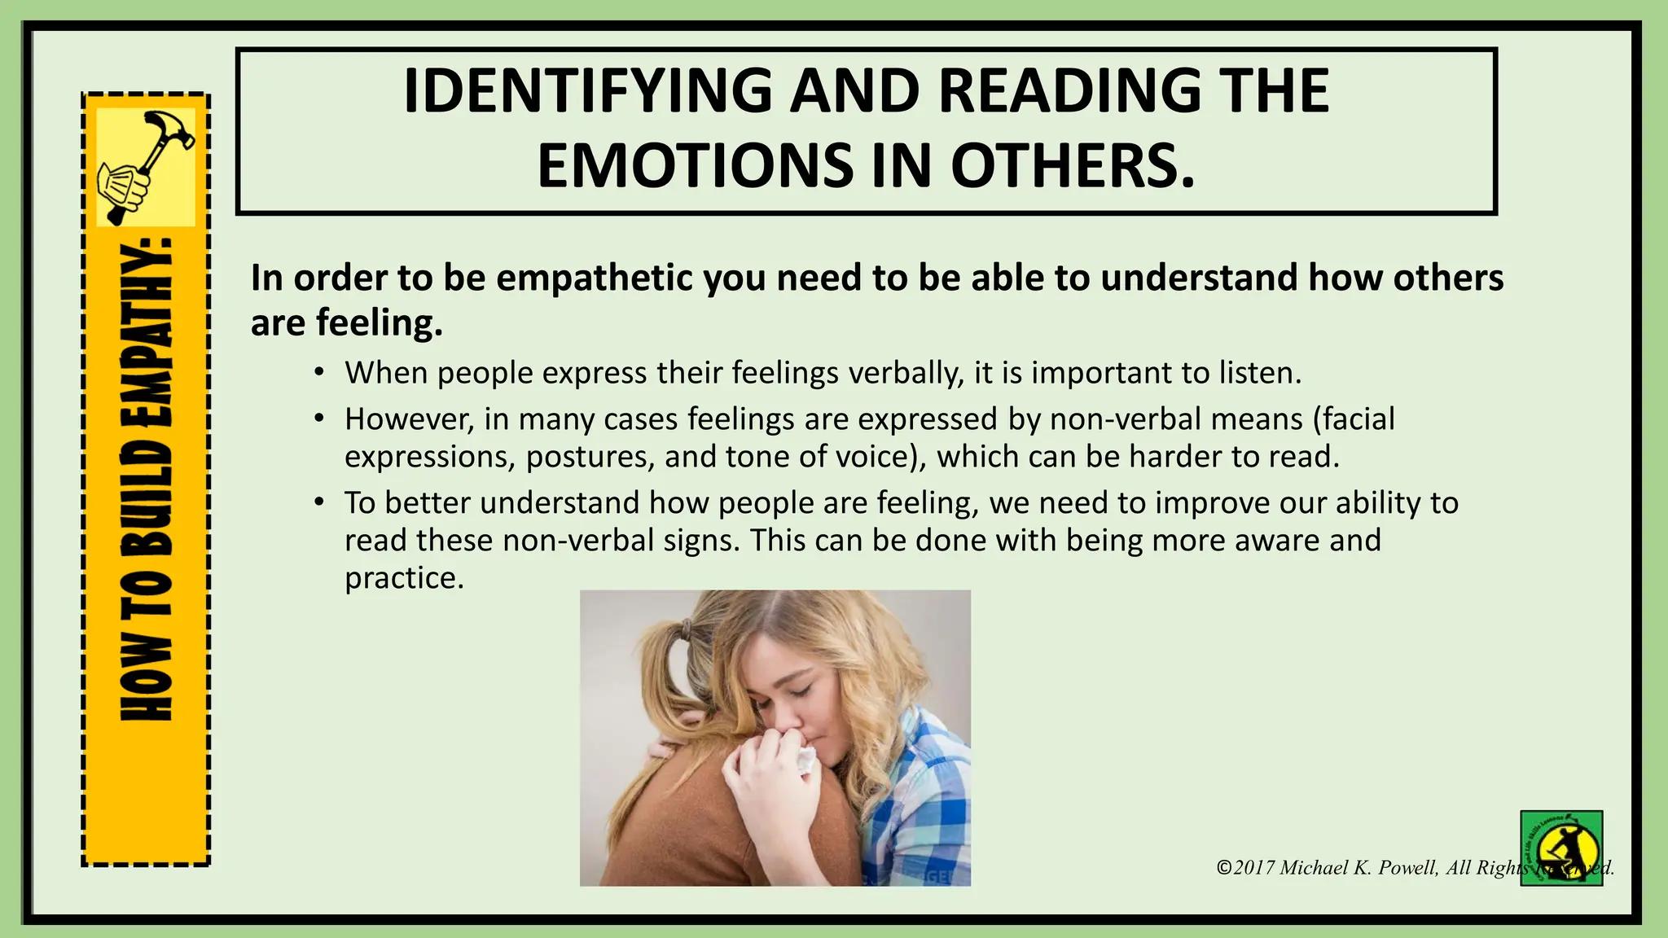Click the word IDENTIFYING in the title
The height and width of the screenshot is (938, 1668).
click(586, 91)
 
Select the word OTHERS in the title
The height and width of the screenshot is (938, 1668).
click(1073, 166)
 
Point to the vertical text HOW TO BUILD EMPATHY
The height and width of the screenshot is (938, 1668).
click(147, 480)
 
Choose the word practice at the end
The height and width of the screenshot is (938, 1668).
click(404, 578)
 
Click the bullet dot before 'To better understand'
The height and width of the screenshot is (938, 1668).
click(320, 502)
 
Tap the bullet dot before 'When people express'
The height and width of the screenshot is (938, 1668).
click(320, 373)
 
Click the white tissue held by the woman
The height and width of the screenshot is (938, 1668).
click(805, 760)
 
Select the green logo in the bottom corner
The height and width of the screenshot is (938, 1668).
click(1561, 848)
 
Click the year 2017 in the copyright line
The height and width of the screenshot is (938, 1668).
click(1253, 868)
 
